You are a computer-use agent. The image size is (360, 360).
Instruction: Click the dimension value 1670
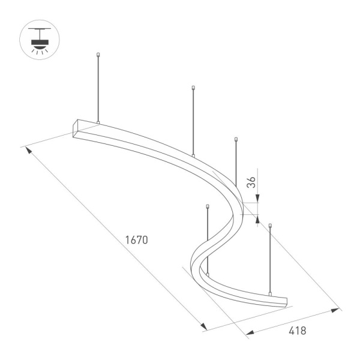(136, 239)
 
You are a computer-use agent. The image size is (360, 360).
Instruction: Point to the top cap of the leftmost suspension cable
(98, 56)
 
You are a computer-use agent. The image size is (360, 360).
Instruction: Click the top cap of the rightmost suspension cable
(271, 226)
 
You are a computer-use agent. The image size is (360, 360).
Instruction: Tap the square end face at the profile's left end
(77, 128)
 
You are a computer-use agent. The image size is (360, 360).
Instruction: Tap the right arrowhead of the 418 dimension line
(335, 310)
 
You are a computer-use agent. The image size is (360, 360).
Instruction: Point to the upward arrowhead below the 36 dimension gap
(258, 218)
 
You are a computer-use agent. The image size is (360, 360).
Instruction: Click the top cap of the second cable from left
(193, 88)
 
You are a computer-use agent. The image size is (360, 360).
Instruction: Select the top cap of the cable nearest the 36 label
(236, 139)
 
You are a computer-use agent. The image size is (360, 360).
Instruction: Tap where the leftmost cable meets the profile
(98, 124)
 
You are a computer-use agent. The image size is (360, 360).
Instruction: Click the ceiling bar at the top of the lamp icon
(40, 28)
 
